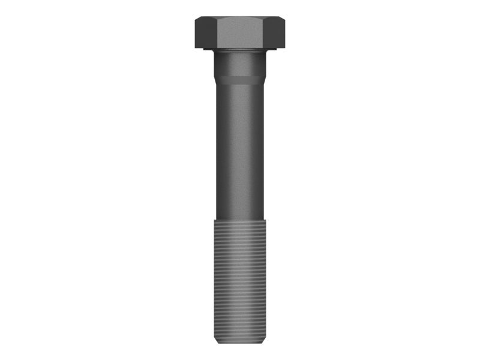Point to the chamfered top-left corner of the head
tap(199, 20)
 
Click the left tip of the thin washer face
tap(204, 49)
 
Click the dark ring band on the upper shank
tap(240, 77)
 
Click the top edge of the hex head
tap(240, 17)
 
